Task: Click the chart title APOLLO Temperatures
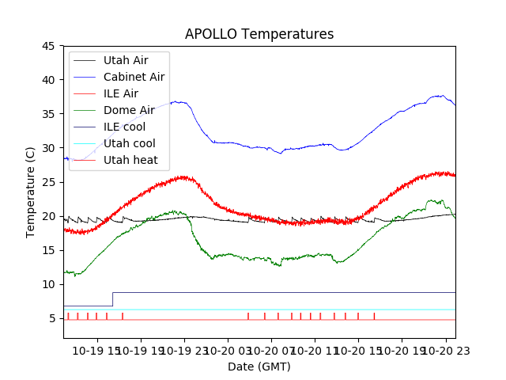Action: [259, 34]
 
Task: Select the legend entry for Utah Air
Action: [125, 60]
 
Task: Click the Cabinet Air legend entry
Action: [134, 77]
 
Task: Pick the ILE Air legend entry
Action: [120, 93]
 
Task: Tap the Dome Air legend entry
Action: [129, 110]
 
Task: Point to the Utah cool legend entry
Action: [129, 143]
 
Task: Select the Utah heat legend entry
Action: [130, 160]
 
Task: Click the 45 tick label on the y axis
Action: [47, 46]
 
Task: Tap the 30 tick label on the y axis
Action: [47, 148]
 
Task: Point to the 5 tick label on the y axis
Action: [51, 318]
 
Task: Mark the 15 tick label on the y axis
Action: [47, 250]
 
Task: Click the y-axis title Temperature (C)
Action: [31, 192]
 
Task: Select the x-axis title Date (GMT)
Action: [259, 367]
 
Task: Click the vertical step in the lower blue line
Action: [112, 299]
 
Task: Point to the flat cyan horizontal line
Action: [277, 310]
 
